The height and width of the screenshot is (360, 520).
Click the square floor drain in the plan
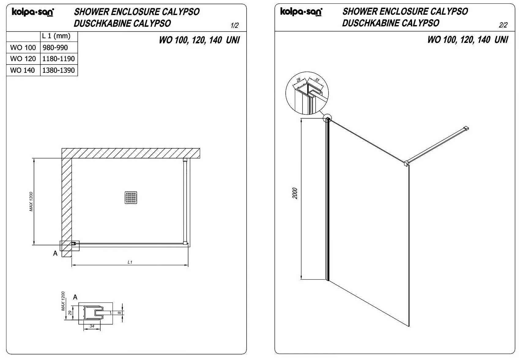coord(131,198)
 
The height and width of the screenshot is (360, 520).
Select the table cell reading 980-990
coord(55,48)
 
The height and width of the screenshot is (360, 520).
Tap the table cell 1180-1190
coord(58,59)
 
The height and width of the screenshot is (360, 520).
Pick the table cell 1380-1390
coord(58,70)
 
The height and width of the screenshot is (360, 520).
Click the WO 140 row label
coord(23,70)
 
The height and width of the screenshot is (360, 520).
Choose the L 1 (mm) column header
coord(56,36)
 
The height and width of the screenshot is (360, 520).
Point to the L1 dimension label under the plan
coord(130,262)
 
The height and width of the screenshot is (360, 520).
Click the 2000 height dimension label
coord(295,193)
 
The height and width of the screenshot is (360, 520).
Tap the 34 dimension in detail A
coord(92,326)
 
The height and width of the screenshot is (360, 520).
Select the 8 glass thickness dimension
coord(119,313)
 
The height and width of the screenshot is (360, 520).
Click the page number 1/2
coord(235,25)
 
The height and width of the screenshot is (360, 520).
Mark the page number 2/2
coord(503,25)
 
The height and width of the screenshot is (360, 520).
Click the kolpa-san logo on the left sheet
coord(33,12)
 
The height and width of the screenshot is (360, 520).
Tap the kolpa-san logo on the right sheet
coord(301,12)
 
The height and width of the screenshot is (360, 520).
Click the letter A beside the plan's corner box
coord(55,253)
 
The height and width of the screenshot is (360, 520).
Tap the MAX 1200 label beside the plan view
coord(31,202)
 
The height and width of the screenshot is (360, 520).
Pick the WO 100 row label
coord(23,48)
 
